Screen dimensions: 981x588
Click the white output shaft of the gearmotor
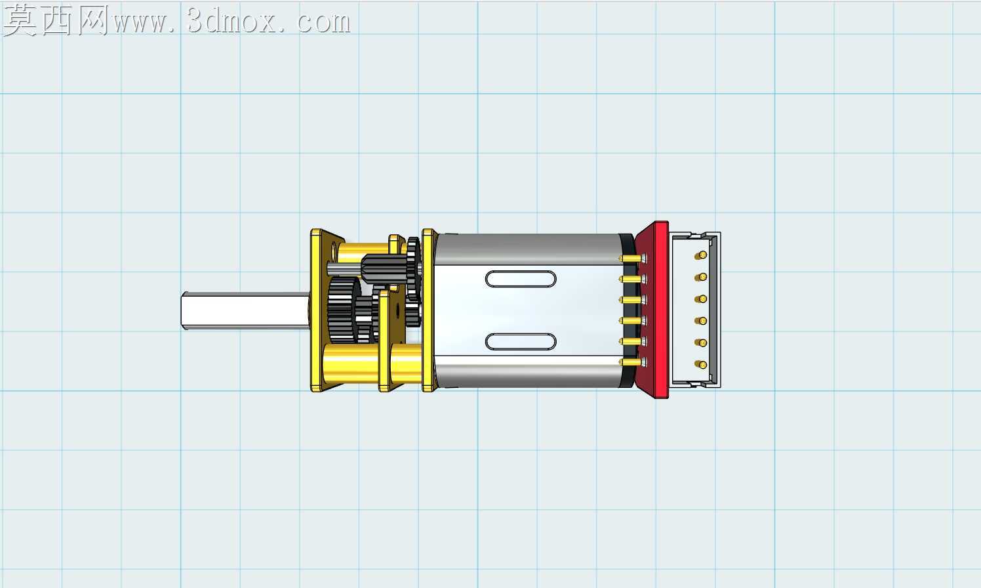coord(245,310)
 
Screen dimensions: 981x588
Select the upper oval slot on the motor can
coord(521,279)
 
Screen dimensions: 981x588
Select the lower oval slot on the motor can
coord(521,342)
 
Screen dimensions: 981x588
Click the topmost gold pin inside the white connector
coord(701,255)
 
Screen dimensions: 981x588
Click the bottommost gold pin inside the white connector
coord(701,364)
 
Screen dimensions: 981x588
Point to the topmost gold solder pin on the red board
coord(633,259)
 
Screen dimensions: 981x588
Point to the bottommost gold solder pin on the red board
coord(633,362)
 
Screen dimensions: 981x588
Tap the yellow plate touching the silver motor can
coord(428,310)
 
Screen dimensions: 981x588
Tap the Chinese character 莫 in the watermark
coord(20,20)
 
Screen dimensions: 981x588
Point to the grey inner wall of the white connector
coord(712,310)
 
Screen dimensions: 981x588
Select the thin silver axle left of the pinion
coord(344,268)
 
